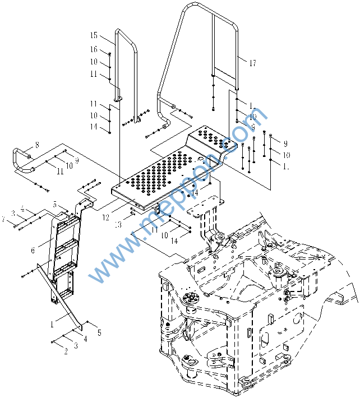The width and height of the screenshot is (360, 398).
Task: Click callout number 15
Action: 94,35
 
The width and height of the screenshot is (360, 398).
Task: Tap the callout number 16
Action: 94,49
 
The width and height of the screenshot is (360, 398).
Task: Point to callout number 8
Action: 37,145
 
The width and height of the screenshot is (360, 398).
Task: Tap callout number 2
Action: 66,351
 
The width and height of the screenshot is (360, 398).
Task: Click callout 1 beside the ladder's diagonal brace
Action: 52,324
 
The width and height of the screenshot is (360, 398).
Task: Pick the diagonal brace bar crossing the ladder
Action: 62,297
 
